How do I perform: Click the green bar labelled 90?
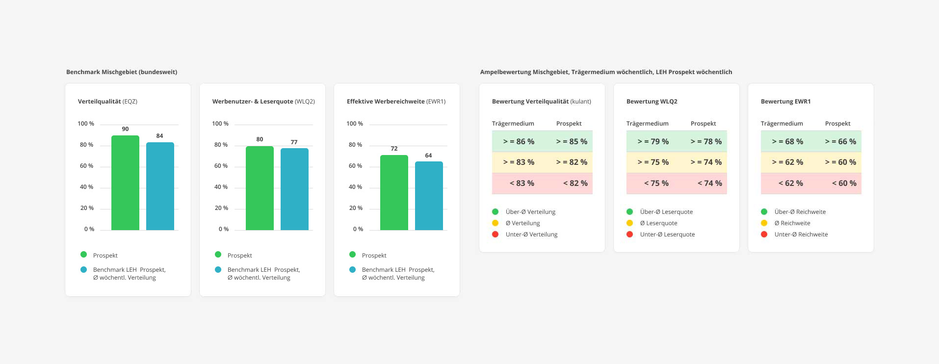coord(125,182)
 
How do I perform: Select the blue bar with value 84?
coord(160,186)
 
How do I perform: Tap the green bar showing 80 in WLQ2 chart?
coord(260,188)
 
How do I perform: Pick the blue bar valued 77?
coord(294,189)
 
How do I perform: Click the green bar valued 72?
coord(394,192)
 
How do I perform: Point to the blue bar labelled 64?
coord(429,196)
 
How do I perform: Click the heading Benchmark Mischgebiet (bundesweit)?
coord(122,72)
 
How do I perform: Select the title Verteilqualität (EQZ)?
coord(107,102)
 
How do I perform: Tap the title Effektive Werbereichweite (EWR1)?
coord(396,102)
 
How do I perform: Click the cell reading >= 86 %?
coord(519,142)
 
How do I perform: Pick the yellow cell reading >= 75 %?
coord(653,162)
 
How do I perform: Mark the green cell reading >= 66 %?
coord(840,142)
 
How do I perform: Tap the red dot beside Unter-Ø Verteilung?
coord(495,234)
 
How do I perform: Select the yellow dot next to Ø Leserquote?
coord(629,223)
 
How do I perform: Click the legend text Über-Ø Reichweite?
coord(800,212)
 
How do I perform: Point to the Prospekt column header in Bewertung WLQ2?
coord(703,124)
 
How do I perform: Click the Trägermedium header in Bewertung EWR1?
coord(782,124)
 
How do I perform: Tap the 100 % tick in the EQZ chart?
coord(86,124)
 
